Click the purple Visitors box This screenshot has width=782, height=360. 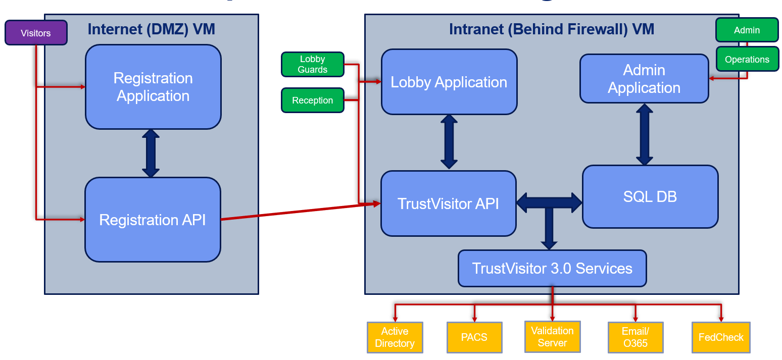[36, 33]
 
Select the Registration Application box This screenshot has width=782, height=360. [153, 87]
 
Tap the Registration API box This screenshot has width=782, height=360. [153, 220]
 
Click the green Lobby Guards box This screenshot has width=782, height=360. [312, 65]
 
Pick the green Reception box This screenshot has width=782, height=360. [312, 100]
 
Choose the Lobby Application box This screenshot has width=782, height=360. [449, 82]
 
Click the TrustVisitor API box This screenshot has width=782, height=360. [448, 203]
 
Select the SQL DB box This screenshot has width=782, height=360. [650, 196]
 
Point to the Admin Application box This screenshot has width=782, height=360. [644, 79]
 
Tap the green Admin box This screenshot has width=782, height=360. [747, 30]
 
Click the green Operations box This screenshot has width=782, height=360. [747, 59]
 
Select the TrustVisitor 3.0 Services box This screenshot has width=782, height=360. [552, 268]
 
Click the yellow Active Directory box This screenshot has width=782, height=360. [395, 337]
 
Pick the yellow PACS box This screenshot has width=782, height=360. [474, 337]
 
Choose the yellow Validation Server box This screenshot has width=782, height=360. [552, 337]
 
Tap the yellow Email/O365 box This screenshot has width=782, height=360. [635, 337]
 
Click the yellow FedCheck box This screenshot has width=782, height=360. [720, 337]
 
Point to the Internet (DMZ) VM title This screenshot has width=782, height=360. [151, 29]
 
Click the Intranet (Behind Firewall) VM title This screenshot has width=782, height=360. [552, 29]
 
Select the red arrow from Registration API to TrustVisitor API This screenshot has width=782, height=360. [300, 212]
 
